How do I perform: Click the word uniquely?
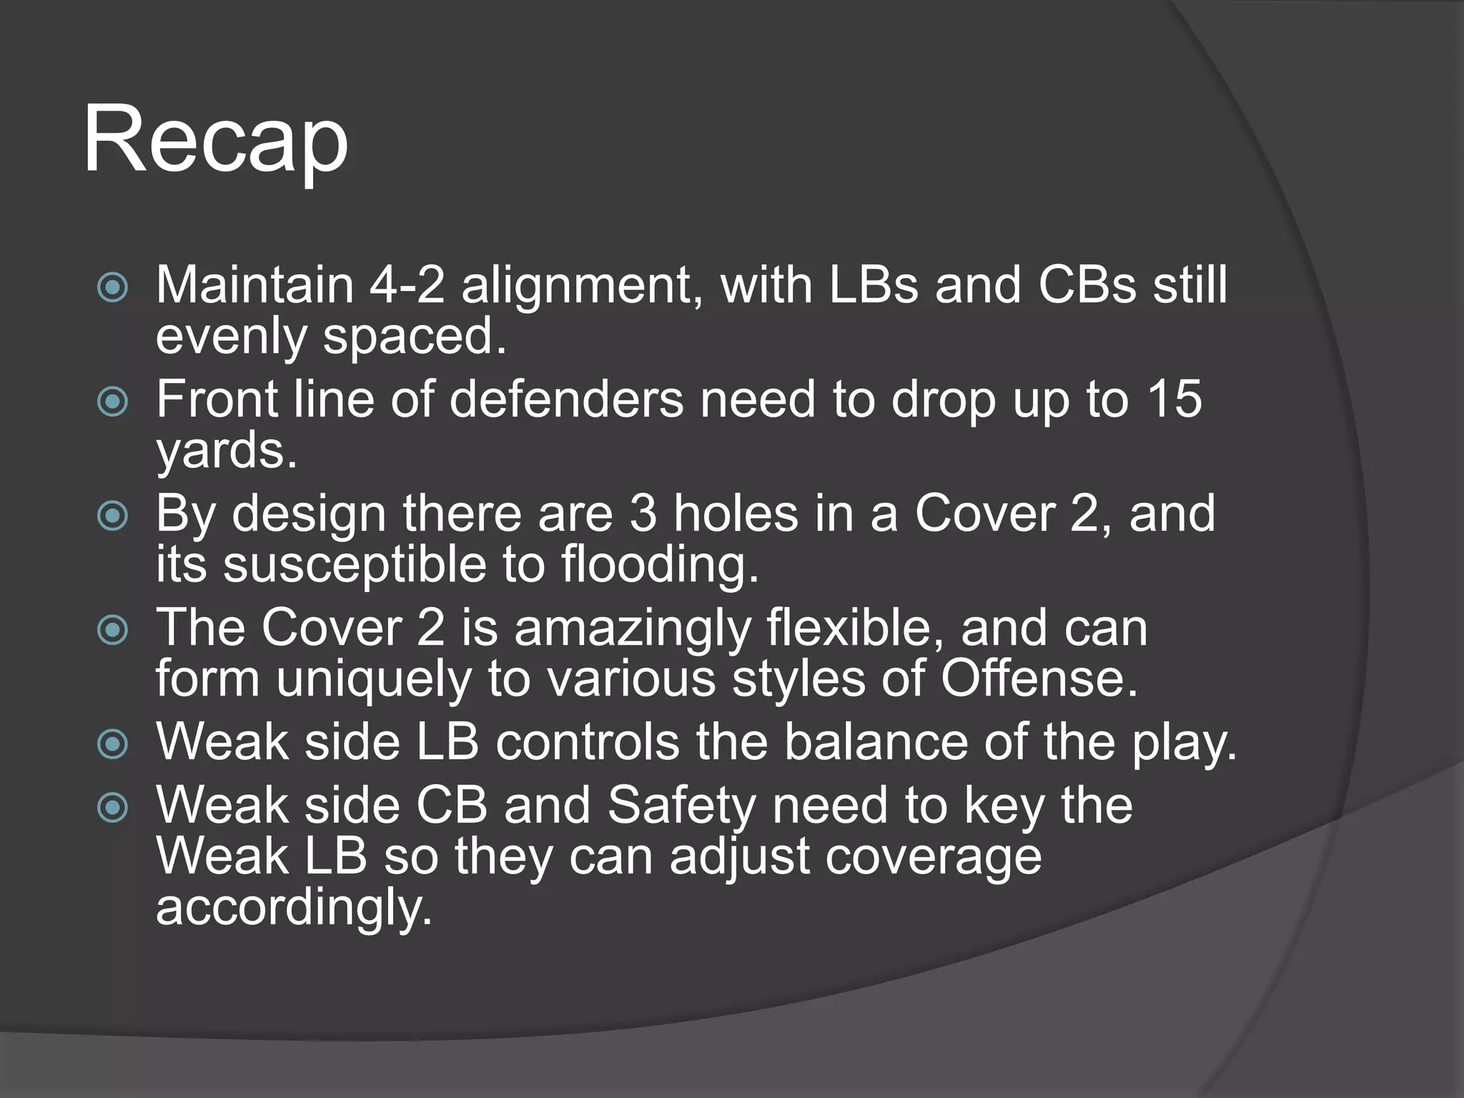tap(374, 679)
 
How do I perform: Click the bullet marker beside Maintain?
tap(112, 288)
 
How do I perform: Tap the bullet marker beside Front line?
tap(112, 402)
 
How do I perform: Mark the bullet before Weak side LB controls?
tap(112, 745)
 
